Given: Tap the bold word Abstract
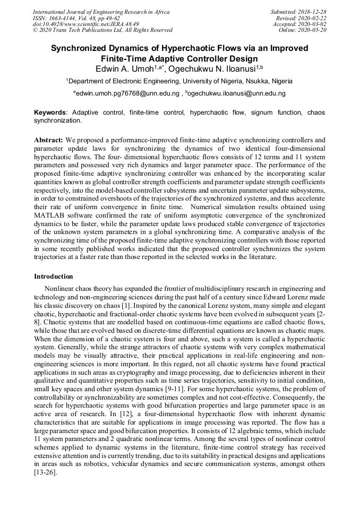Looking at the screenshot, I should pos(48,140).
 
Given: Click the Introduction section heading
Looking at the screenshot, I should pos(54,277).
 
